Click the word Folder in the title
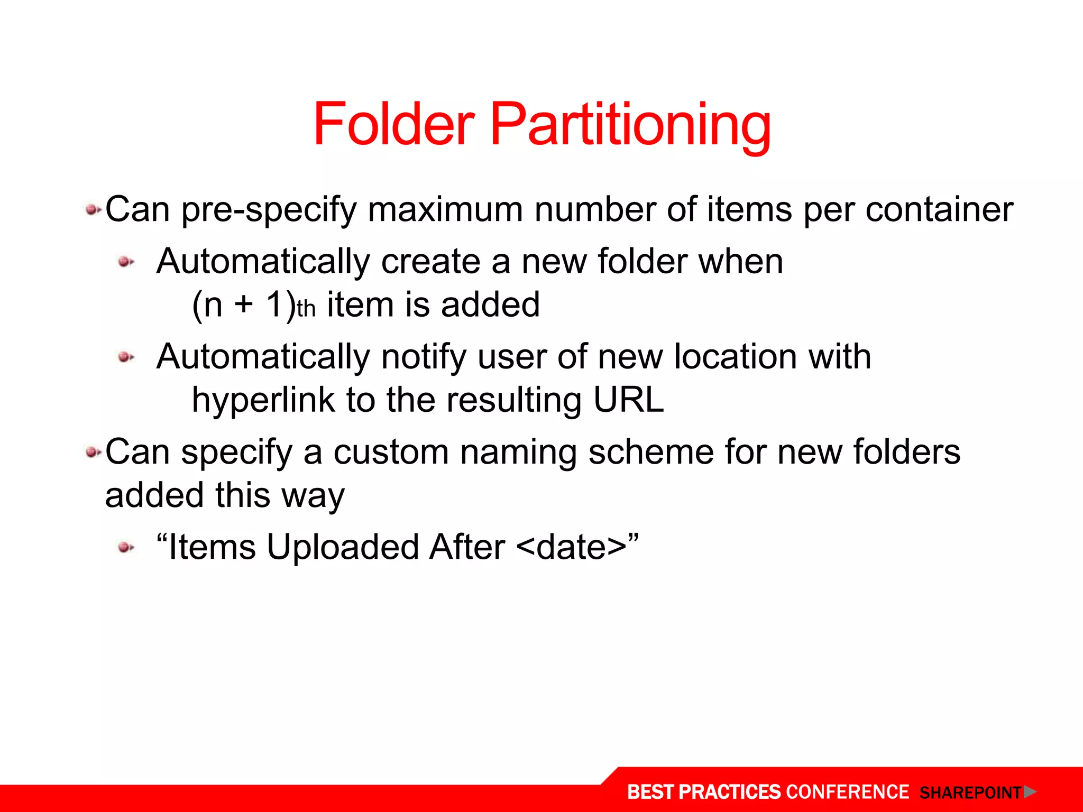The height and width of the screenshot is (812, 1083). [394, 124]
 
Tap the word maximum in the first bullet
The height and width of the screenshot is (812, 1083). [445, 209]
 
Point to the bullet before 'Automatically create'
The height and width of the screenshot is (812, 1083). [126, 262]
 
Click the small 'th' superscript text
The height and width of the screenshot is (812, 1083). [306, 309]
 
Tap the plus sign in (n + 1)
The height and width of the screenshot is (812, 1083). [244, 305]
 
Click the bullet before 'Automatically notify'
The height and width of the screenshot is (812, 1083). [126, 357]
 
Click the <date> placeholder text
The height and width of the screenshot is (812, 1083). [571, 547]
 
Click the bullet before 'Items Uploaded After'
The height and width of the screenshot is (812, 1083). [126, 547]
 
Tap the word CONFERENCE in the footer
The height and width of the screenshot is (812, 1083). [847, 792]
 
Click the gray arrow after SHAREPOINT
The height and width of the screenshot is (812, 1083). [1029, 792]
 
